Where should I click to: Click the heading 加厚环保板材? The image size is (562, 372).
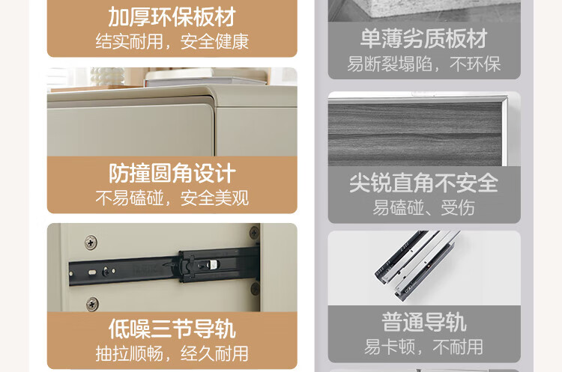(x=172, y=16)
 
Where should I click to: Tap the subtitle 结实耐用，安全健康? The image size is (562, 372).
(x=172, y=41)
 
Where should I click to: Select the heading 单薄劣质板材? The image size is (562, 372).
(x=424, y=39)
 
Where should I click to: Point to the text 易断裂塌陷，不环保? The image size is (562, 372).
(x=424, y=64)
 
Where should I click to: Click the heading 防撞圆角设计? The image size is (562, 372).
(x=172, y=174)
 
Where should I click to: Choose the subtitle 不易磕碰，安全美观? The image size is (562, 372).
(x=172, y=198)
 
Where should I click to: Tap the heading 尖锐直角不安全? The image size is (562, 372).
(x=424, y=183)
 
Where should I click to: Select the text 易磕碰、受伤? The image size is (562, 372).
(x=424, y=207)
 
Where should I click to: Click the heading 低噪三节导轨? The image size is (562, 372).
(x=172, y=329)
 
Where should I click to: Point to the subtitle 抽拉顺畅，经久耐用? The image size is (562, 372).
(x=172, y=354)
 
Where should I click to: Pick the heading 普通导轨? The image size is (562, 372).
(x=424, y=323)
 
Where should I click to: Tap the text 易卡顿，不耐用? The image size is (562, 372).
(x=424, y=347)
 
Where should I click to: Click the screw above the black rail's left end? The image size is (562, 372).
(x=91, y=243)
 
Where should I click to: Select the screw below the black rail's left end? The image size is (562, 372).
(x=92, y=304)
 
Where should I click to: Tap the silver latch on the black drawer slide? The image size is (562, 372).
(x=213, y=264)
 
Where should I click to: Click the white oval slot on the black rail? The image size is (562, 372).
(x=92, y=272)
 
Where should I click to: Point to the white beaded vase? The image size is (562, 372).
(x=107, y=76)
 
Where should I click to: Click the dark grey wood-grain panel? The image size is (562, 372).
(x=414, y=135)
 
